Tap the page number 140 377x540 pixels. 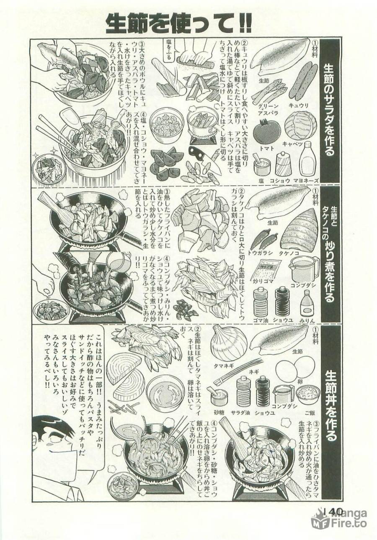pyautogui.click(x=333, y=512)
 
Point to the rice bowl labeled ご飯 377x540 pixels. pyautogui.click(x=307, y=394)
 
